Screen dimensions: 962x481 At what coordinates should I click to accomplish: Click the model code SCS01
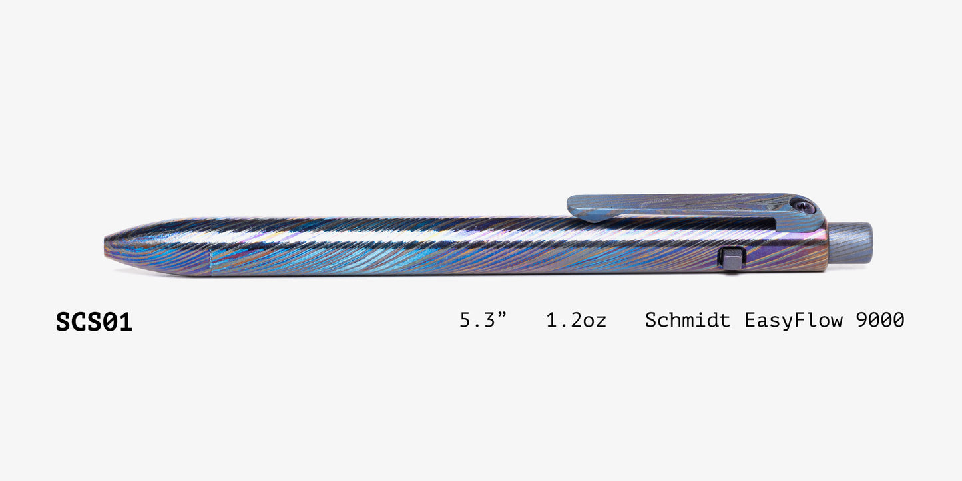point(94,322)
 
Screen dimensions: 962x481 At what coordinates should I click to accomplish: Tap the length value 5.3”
point(483,320)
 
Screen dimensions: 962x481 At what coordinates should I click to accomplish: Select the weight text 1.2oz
point(576,321)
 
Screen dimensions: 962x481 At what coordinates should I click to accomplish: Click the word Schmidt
point(687,320)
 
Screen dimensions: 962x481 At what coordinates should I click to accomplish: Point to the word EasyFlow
point(793,321)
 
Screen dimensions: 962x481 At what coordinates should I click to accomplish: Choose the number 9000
point(880,320)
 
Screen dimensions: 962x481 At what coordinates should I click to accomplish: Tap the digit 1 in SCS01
point(125,322)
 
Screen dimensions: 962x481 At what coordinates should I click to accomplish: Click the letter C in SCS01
point(79,322)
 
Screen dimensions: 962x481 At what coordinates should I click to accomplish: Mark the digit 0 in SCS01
point(109,322)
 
